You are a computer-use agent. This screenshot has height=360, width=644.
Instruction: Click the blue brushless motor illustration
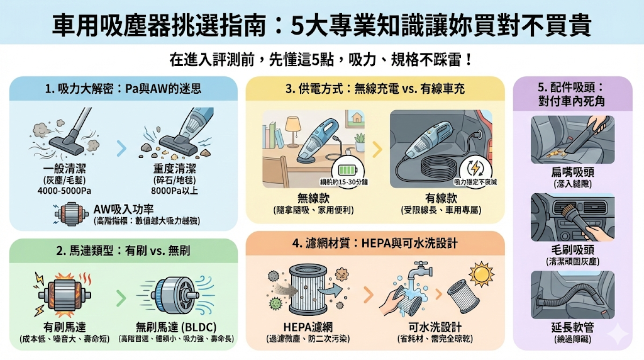coord(174,296)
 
